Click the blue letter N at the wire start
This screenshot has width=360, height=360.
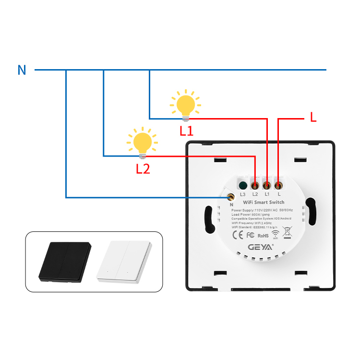pos(22,70)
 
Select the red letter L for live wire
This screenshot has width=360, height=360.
pos(313,117)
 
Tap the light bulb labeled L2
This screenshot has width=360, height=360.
pos(142,143)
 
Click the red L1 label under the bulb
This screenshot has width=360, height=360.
pos(186,131)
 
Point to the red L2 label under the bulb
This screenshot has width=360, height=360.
pos(143,168)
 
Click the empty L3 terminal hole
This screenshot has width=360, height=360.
pos(243,185)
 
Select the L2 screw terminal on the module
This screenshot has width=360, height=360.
pos(255,185)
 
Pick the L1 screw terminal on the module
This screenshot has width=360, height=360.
pos(267,185)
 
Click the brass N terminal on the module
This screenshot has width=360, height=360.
pos(231,196)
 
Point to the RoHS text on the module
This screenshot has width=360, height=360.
pos(263,236)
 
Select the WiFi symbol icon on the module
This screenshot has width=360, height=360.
pos(276,235)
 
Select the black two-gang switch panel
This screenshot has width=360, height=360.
pos(65,262)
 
